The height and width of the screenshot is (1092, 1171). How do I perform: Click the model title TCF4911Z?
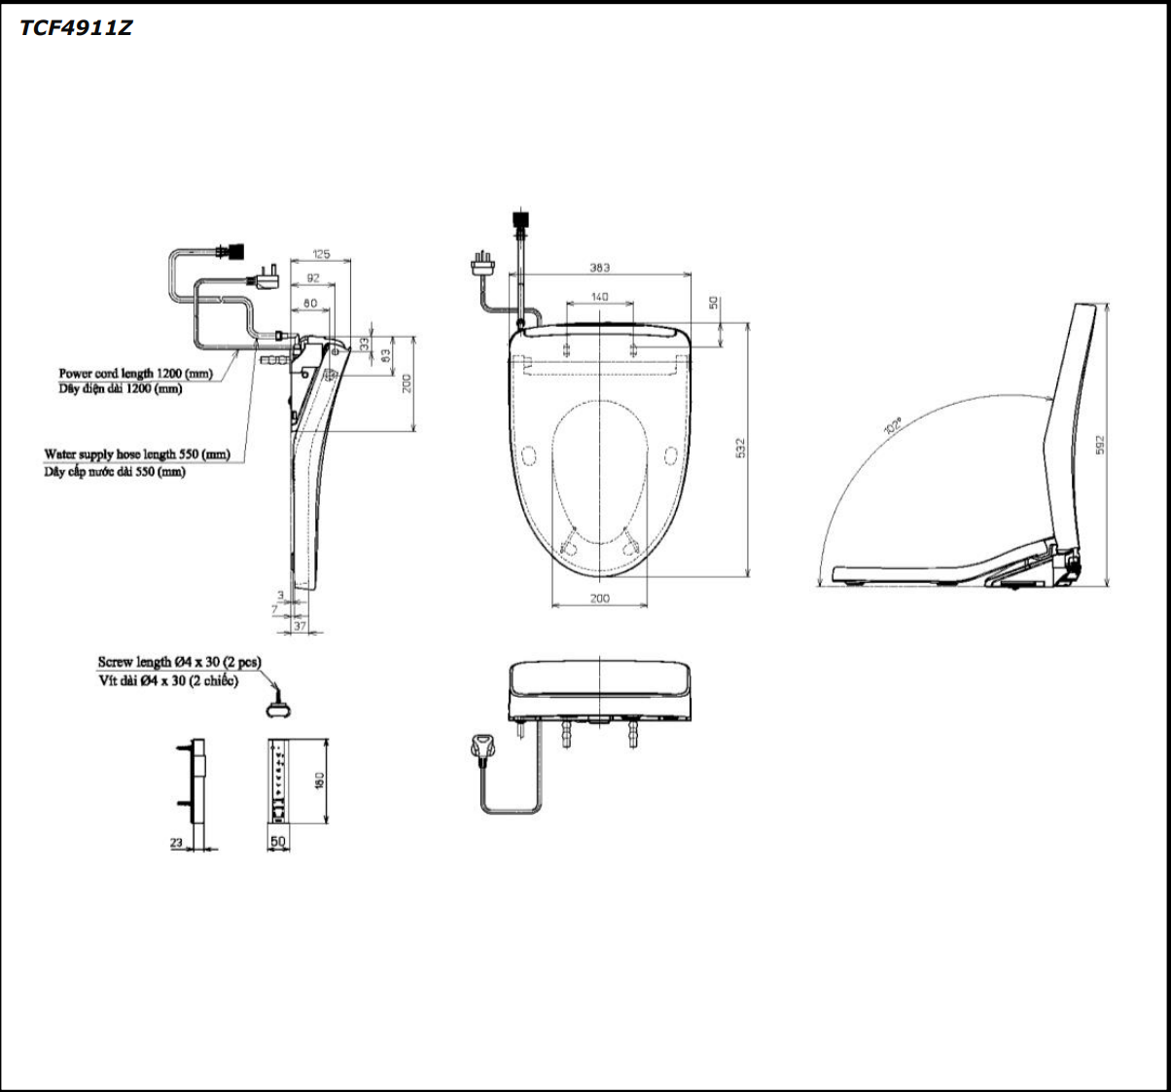pyautogui.click(x=76, y=28)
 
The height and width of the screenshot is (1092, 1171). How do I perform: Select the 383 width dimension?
pyautogui.click(x=600, y=268)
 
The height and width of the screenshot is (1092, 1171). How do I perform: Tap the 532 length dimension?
pyautogui.click(x=740, y=448)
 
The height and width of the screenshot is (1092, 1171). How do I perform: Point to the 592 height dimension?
pyautogui.click(x=1099, y=445)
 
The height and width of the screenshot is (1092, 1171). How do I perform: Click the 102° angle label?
pyautogui.click(x=893, y=425)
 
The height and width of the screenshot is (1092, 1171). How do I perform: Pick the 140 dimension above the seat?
pyautogui.click(x=599, y=296)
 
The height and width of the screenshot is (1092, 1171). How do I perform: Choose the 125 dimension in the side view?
pyautogui.click(x=321, y=254)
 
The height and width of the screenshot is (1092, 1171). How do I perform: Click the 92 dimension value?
pyautogui.click(x=312, y=277)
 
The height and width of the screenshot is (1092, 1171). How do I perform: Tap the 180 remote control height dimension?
pyautogui.click(x=319, y=781)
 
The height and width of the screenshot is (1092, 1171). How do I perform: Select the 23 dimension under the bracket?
pyautogui.click(x=176, y=842)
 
